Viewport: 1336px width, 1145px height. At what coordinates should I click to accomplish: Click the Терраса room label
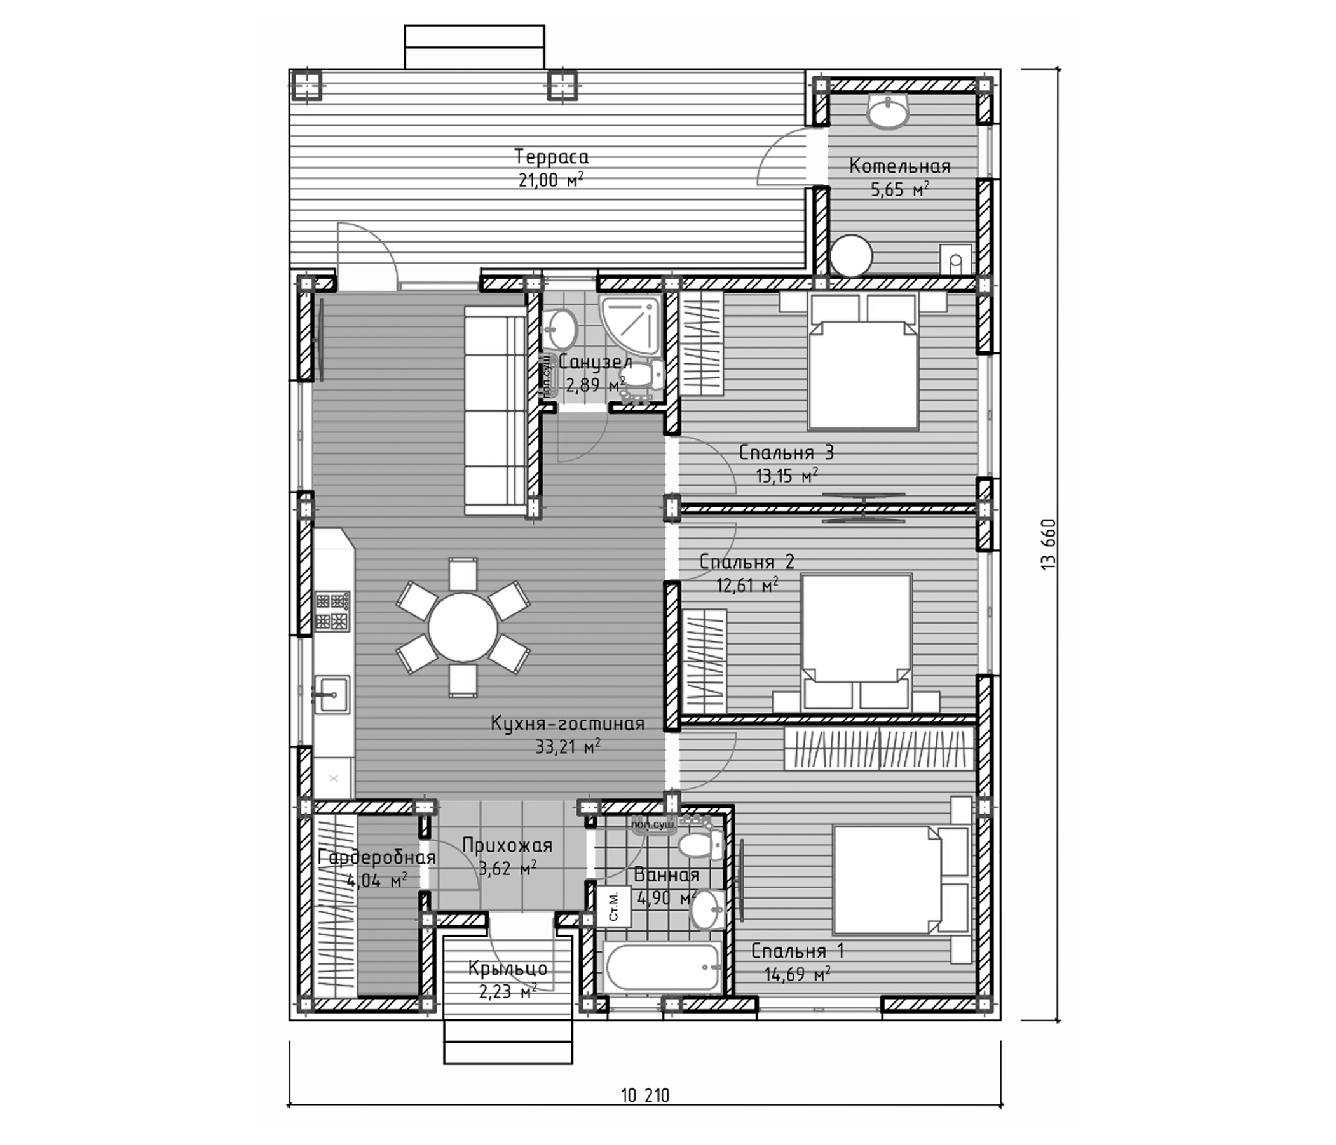551,157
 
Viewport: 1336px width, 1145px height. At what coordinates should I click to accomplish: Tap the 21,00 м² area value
550,180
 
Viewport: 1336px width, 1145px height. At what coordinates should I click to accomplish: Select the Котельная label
899,166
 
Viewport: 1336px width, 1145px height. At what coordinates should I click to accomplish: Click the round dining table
463,627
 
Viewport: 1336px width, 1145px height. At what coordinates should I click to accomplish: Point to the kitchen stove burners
332,611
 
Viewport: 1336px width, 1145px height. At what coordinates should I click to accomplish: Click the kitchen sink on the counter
331,694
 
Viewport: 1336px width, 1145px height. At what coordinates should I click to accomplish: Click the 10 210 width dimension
644,1095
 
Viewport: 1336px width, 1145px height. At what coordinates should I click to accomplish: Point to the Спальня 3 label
786,453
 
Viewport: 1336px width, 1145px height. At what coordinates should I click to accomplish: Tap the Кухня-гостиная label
568,723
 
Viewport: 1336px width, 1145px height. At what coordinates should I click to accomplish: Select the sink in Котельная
889,112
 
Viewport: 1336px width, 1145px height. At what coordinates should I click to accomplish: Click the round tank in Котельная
851,256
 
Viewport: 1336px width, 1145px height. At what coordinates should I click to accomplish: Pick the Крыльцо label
508,969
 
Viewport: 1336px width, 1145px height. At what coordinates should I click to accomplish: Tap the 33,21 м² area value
568,747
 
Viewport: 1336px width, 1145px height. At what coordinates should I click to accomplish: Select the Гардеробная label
377,858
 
